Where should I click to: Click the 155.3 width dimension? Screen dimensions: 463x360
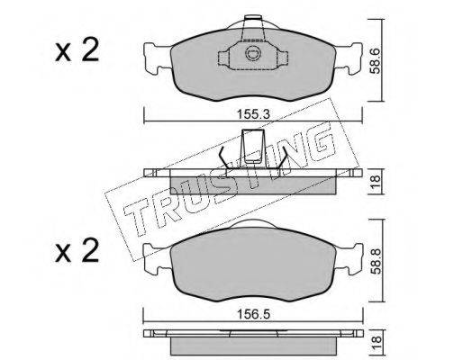click(253, 114)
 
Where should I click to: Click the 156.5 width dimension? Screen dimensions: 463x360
click(253, 314)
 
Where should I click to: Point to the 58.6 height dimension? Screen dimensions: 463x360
click(375, 61)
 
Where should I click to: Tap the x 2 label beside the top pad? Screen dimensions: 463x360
click(77, 49)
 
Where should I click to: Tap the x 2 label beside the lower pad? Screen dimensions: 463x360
click(77, 250)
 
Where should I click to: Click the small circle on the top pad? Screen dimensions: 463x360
click(252, 53)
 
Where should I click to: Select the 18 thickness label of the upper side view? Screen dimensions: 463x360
click(376, 182)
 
